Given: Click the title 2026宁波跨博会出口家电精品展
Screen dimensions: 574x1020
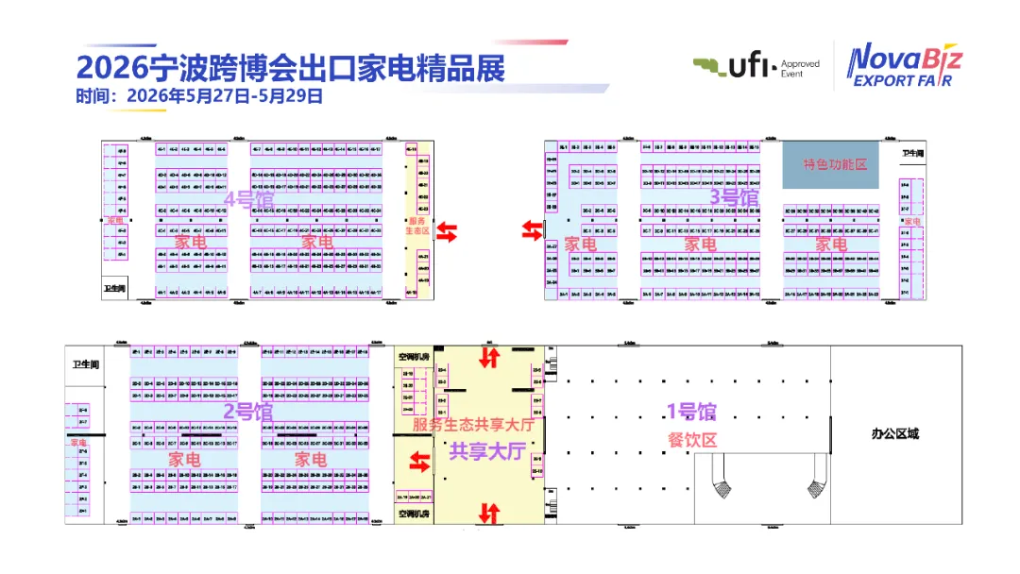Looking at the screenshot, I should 290,68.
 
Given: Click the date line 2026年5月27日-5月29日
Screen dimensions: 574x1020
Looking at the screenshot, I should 199,95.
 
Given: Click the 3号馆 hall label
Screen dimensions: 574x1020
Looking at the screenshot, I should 734,197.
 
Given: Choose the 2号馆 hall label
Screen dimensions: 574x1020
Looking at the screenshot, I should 248,412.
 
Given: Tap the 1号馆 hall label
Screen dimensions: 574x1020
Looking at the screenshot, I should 692,412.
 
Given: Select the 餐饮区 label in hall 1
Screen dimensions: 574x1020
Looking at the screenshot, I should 693,439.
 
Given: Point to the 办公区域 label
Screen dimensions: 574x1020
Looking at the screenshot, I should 894,434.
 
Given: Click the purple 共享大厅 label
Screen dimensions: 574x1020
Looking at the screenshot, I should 485,451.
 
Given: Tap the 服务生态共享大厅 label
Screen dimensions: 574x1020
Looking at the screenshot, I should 473,425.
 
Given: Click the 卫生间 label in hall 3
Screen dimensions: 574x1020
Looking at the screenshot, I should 911,153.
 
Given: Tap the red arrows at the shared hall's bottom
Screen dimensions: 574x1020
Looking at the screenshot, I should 488,514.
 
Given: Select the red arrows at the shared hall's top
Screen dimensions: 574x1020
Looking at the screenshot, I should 489,358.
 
